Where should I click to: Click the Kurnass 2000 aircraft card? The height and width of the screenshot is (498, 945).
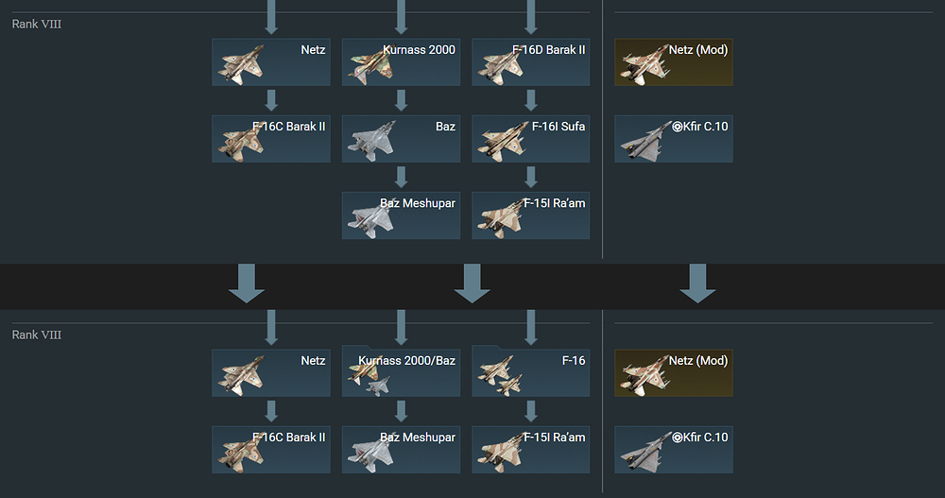coord(401,62)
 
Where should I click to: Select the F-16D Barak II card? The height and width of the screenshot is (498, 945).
coord(530,62)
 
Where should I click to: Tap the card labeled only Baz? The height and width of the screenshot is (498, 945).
coord(401,139)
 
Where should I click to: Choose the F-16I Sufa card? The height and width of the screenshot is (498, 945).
coord(530,139)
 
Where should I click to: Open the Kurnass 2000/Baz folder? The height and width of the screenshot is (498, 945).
coord(401,371)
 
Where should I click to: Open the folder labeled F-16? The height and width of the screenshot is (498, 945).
coord(530,371)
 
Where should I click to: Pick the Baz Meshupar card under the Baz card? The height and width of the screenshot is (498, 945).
coord(401,215)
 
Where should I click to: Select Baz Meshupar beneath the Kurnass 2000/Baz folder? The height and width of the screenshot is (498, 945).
coord(401,449)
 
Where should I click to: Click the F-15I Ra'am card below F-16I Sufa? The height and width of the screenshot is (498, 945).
coord(530,215)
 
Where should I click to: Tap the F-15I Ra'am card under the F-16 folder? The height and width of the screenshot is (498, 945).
coord(530,449)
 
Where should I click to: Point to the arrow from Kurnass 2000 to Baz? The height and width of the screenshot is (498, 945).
coord(401,100)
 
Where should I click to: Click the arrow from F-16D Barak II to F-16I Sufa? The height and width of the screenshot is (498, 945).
coord(530,100)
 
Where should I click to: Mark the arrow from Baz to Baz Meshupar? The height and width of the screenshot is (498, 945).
coord(401,177)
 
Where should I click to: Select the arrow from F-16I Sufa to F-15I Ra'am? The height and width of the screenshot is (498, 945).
coord(530,177)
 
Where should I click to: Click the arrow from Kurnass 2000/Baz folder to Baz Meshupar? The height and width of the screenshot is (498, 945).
coord(401,411)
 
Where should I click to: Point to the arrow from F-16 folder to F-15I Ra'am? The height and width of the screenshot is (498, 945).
coord(530,411)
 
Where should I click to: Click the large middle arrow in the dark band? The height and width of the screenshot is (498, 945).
coord(472,283)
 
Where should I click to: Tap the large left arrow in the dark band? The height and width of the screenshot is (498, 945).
coord(247,283)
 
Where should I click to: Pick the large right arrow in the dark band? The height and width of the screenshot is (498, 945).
coord(697,283)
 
